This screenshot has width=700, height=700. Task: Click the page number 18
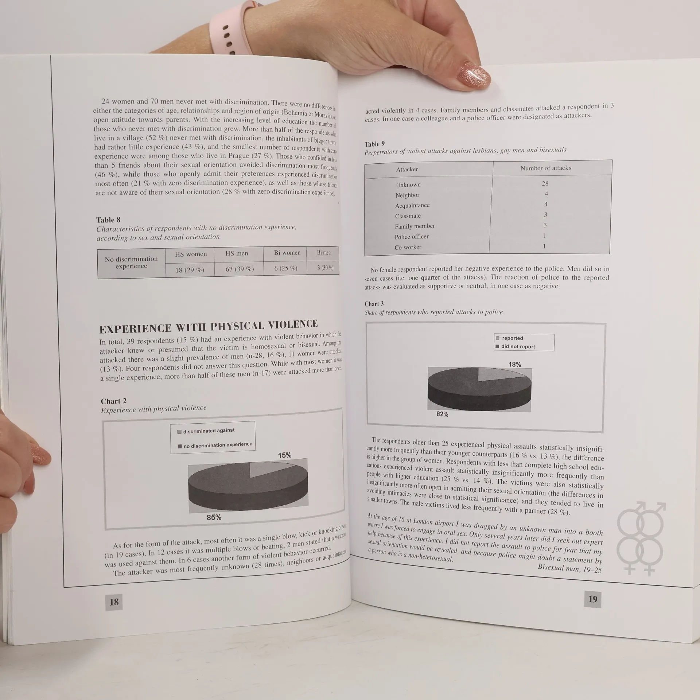pyautogui.click(x=114, y=602)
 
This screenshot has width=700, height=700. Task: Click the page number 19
pyautogui.click(x=593, y=599)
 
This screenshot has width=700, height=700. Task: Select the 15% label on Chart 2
pyautogui.click(x=284, y=455)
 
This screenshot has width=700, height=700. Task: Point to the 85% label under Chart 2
pyautogui.click(x=214, y=517)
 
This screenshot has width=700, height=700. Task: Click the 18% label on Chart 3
pyautogui.click(x=514, y=364)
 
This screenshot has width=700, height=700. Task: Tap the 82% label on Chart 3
pyautogui.click(x=442, y=414)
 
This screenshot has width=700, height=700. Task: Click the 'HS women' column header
pyautogui.click(x=191, y=254)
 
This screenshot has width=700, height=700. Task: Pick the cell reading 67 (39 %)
pyautogui.click(x=239, y=269)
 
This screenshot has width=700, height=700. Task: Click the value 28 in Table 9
pyautogui.click(x=545, y=183)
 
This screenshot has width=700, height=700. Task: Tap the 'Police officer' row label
pyautogui.click(x=412, y=237)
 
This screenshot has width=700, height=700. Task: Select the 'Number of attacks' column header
pyautogui.click(x=545, y=168)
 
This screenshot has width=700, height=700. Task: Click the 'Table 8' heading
pyautogui.click(x=108, y=220)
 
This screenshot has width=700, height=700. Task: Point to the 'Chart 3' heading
pyautogui.click(x=374, y=304)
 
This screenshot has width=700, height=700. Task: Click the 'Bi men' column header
pyautogui.click(x=324, y=252)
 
